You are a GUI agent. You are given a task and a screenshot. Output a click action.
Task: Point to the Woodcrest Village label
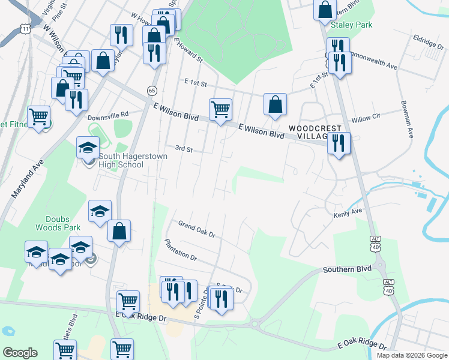(x=315, y=133)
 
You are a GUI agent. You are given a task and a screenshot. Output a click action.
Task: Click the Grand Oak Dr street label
(x=196, y=229)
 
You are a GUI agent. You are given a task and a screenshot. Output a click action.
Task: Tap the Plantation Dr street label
(x=180, y=249)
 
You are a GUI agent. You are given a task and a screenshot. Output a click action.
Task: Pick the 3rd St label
(x=183, y=149)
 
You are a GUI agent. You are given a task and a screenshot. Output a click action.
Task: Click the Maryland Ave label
(x=28, y=179)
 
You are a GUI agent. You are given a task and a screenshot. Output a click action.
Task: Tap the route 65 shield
(x=151, y=90)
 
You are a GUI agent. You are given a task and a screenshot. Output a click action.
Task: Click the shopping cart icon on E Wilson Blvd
(x=220, y=109)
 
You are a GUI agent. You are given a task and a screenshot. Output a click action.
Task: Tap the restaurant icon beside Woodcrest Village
(x=339, y=143)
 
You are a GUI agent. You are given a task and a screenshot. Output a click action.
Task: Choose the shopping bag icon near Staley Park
(x=325, y=10)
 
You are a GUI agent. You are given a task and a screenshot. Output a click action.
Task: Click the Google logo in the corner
(x=20, y=353)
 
